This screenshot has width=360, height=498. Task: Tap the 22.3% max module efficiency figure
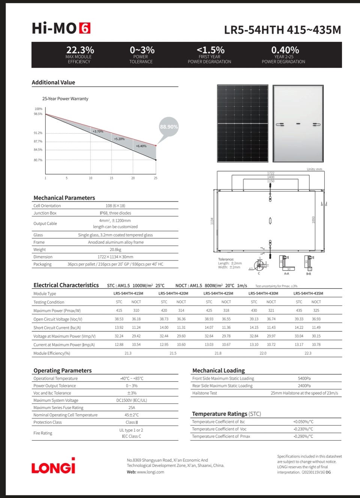80,50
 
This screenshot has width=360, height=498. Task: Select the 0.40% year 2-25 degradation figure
285,50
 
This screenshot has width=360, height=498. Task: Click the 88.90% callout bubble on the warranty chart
169,127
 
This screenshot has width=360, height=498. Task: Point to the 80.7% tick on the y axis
38,160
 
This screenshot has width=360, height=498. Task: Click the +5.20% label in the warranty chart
119,139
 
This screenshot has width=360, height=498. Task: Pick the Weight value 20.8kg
115,250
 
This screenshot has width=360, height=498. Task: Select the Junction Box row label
45,213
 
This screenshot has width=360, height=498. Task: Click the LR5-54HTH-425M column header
218,293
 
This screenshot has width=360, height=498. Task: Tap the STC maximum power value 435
299,311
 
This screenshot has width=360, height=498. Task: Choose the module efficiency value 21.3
128,354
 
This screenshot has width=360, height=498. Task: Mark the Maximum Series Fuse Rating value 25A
132,408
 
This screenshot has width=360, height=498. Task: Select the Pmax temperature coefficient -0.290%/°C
303,436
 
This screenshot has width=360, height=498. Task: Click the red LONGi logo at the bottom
53,466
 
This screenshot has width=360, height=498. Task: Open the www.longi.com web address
150,472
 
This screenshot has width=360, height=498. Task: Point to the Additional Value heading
53,83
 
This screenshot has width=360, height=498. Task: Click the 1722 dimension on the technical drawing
270,173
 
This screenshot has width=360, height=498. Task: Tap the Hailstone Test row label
205,393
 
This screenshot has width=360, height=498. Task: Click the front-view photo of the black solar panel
243,123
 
